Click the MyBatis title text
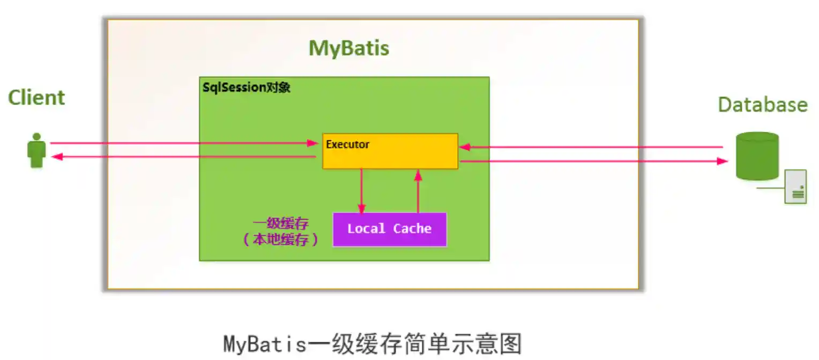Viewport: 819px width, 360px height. [349, 48]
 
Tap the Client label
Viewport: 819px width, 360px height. [36, 98]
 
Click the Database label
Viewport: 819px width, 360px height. [762, 104]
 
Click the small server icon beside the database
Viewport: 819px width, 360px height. [796, 186]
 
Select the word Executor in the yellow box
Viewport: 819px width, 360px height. [347, 145]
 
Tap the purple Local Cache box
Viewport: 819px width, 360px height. [390, 229]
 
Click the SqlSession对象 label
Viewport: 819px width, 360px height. [246, 88]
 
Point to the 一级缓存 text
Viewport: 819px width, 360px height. [280, 224]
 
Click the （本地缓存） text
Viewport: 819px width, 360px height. [280, 240]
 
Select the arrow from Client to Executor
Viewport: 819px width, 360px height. [182, 143]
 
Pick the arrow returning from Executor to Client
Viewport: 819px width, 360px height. [182, 156]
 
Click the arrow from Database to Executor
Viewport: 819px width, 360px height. [590, 147]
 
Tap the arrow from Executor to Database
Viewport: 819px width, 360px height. [590, 161]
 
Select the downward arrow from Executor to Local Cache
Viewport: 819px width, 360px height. [361, 191]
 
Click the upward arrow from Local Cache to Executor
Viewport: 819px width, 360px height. [418, 191]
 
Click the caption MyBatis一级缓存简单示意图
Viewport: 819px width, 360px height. [372, 343]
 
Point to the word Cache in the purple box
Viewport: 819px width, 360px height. [412, 229]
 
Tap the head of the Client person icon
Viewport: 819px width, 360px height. [36, 137]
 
